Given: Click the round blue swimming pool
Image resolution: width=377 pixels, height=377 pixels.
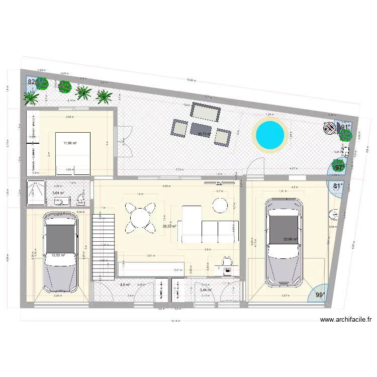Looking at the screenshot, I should click(x=270, y=134).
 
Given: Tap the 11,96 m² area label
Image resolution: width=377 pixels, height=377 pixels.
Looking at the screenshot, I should click(x=70, y=143).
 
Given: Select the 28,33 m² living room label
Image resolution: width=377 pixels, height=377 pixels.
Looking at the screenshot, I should click(x=169, y=226).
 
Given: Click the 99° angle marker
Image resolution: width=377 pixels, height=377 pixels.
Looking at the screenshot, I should click(x=320, y=296).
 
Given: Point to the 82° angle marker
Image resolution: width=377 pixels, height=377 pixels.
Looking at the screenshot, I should click(x=33, y=82).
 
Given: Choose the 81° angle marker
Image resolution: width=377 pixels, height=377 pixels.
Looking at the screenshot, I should click(x=338, y=185).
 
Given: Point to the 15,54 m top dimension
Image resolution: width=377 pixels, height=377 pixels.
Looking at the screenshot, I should click(x=191, y=80).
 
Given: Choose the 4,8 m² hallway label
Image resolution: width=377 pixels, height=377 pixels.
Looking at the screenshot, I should click(x=125, y=285).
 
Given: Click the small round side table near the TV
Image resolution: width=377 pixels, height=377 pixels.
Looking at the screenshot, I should click(x=220, y=205).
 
